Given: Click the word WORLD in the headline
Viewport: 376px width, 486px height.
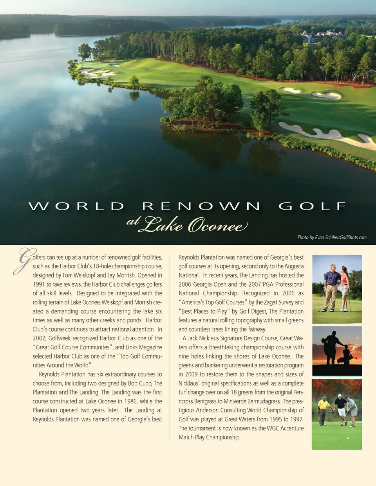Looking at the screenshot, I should click(x=76, y=206).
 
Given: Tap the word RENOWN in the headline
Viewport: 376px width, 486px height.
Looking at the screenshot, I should click(x=201, y=206).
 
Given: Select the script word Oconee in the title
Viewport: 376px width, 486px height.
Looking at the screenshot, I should click(x=218, y=225).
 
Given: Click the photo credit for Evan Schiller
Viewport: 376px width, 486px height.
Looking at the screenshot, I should click(x=332, y=237).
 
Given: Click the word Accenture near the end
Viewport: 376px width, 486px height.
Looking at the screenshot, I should click(x=292, y=428).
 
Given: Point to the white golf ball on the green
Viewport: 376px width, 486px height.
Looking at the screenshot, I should click(x=348, y=438).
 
